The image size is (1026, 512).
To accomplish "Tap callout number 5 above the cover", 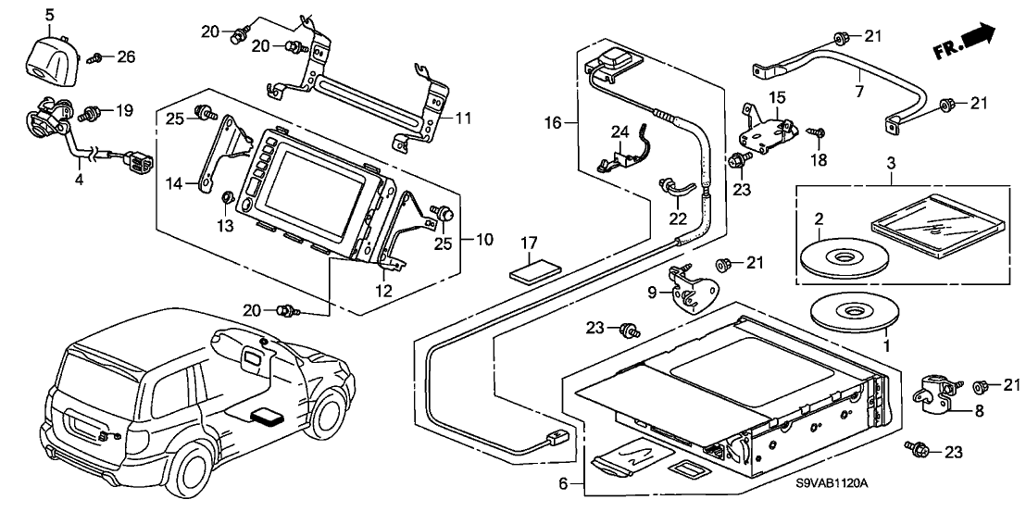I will (x=49, y=15).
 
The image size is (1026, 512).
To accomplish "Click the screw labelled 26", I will (x=95, y=57).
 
